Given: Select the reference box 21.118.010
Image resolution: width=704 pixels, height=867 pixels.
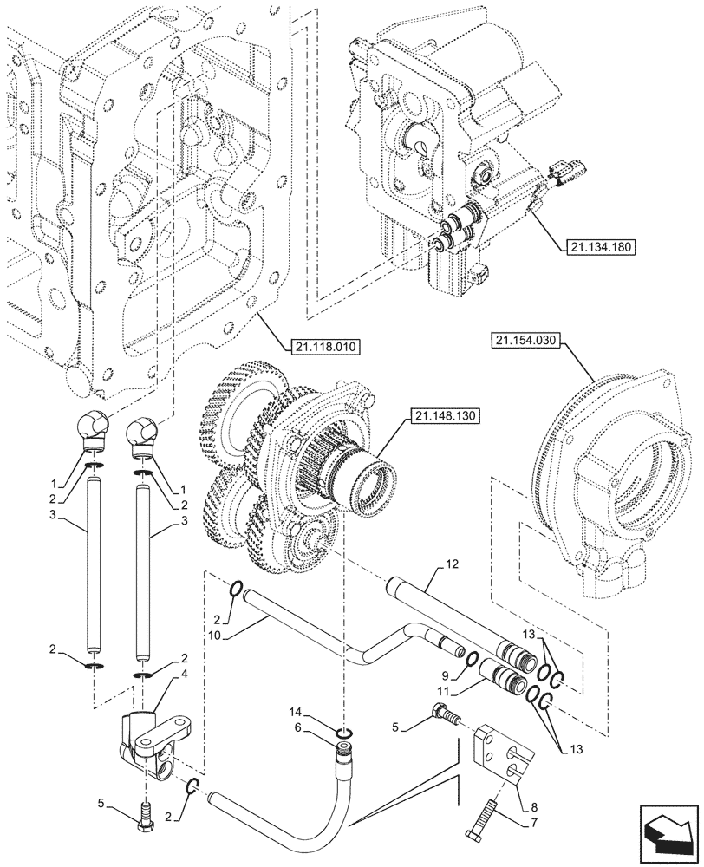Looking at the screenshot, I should pyautogui.click(x=322, y=345).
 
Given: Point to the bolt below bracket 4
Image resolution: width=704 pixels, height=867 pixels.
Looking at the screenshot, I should pyautogui.click(x=145, y=813).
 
